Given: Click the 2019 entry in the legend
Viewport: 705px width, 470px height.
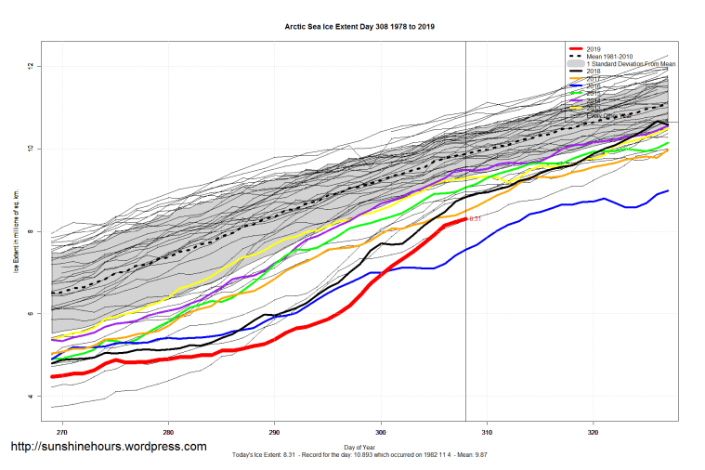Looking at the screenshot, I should (594, 48).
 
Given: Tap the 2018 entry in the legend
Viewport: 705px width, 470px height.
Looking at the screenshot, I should (594, 71).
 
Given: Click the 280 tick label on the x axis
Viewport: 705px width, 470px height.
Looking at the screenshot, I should (168, 432).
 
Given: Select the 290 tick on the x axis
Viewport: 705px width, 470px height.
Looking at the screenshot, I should (274, 432).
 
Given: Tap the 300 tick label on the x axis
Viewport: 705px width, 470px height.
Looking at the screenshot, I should (381, 432).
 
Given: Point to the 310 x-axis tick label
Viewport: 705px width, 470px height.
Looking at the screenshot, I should (487, 432).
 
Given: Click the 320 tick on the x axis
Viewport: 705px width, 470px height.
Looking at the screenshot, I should (593, 432).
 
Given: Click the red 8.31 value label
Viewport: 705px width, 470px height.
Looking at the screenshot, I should (475, 218).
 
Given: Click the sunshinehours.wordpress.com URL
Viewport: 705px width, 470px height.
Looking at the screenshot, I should (108, 447).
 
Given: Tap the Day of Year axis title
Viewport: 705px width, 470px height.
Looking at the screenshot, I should (360, 447).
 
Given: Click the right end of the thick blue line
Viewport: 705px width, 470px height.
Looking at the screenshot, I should (668, 190).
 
